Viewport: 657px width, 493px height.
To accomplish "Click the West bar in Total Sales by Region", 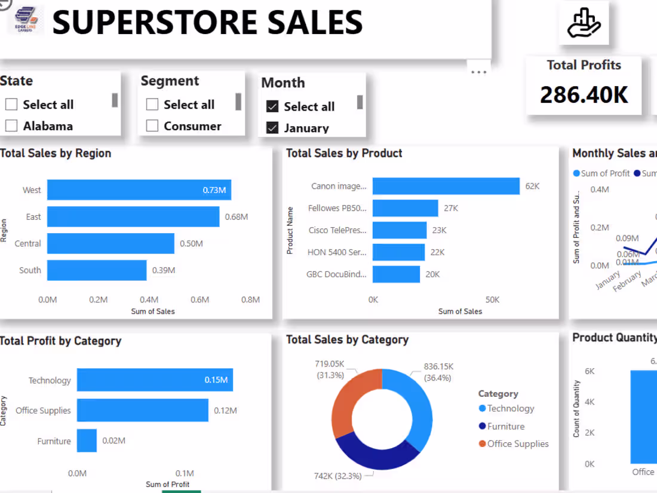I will click(x=139, y=190).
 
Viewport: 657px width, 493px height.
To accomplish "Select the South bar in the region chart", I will click(x=97, y=270).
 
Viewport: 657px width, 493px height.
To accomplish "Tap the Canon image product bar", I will click(x=446, y=186).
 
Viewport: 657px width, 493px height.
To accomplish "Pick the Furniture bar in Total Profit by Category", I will click(x=87, y=441).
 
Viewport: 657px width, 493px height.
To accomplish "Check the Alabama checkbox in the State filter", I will click(x=11, y=125).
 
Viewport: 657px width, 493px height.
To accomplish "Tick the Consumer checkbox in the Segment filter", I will click(x=152, y=125).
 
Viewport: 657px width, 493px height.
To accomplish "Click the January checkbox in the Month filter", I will click(x=272, y=128).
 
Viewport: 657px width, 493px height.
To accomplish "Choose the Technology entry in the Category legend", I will click(x=510, y=409).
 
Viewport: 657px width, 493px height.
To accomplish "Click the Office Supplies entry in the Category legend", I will click(x=517, y=444).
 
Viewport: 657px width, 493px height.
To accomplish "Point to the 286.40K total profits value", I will click(x=584, y=94).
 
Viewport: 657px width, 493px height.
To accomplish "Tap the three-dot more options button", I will click(x=478, y=72).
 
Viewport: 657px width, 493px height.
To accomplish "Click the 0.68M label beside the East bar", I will click(x=236, y=217).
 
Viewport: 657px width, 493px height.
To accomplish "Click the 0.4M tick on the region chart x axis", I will click(x=149, y=299).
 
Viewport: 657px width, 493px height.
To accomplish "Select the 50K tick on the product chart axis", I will click(x=492, y=299).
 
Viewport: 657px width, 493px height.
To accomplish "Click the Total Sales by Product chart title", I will click(x=344, y=154).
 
